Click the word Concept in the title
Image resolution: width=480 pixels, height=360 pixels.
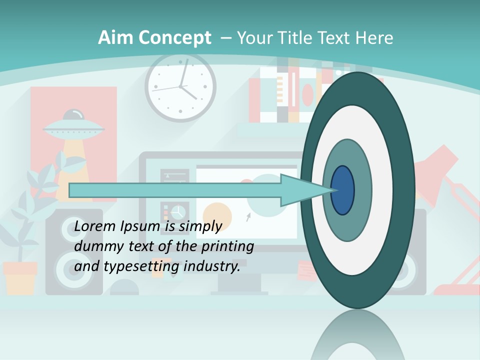tap(174, 38)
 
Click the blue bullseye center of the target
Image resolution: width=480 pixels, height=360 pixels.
tap(342, 190)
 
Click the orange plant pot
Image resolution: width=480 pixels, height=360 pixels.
tap(20, 277)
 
